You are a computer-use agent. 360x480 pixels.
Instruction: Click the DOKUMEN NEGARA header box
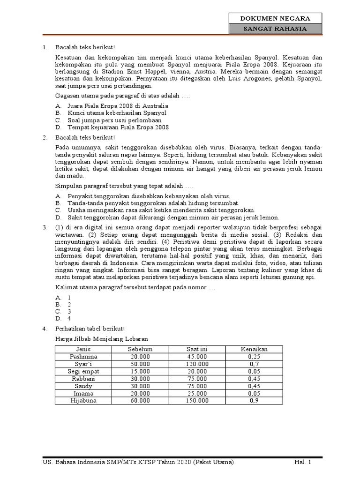pyautogui.click(x=275, y=19)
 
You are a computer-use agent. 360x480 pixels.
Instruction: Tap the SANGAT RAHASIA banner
pyautogui.click(x=275, y=29)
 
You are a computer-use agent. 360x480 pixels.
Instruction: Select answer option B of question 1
pyautogui.click(x=111, y=113)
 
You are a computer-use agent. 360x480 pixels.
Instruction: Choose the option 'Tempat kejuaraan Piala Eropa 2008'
pyautogui.click(x=118, y=127)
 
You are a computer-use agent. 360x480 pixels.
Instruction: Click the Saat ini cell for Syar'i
pyautogui.click(x=197, y=363)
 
